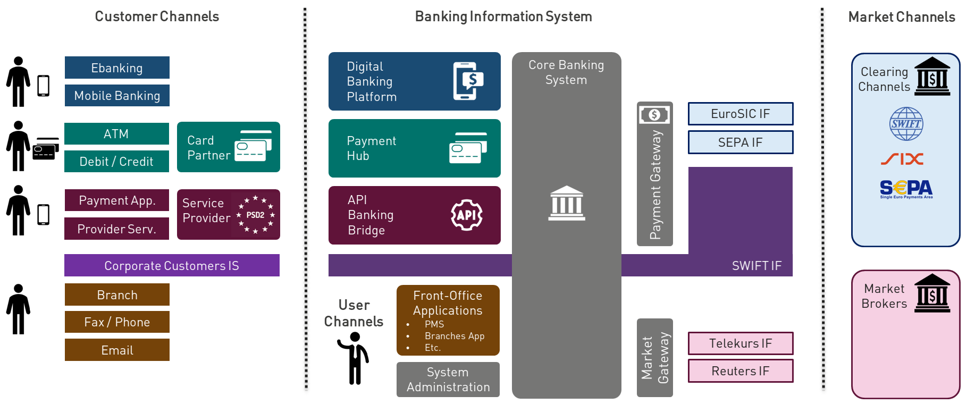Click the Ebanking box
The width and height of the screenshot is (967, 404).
(117, 68)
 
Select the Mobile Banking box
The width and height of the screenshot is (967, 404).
(117, 96)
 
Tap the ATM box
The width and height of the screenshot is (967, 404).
(116, 134)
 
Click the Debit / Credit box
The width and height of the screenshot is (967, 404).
(116, 162)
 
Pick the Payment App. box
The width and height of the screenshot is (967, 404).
(117, 200)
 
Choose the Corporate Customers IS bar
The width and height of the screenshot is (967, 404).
(172, 265)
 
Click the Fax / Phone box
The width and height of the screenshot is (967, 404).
(117, 322)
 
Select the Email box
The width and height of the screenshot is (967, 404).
(117, 350)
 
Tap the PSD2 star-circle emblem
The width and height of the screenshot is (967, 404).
(256, 215)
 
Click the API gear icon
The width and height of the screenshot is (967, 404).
(467, 215)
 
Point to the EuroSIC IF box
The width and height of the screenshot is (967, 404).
(741, 114)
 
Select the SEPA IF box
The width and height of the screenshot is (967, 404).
(741, 142)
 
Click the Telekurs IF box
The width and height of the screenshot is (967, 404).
(741, 343)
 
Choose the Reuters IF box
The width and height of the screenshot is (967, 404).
(741, 371)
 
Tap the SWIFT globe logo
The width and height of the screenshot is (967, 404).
(906, 124)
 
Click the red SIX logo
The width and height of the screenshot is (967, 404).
(902, 159)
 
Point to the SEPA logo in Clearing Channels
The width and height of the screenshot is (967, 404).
(906, 189)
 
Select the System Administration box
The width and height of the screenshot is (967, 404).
(448, 380)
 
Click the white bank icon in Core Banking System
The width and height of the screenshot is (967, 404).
(567, 203)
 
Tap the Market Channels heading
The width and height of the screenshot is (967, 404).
(902, 17)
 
